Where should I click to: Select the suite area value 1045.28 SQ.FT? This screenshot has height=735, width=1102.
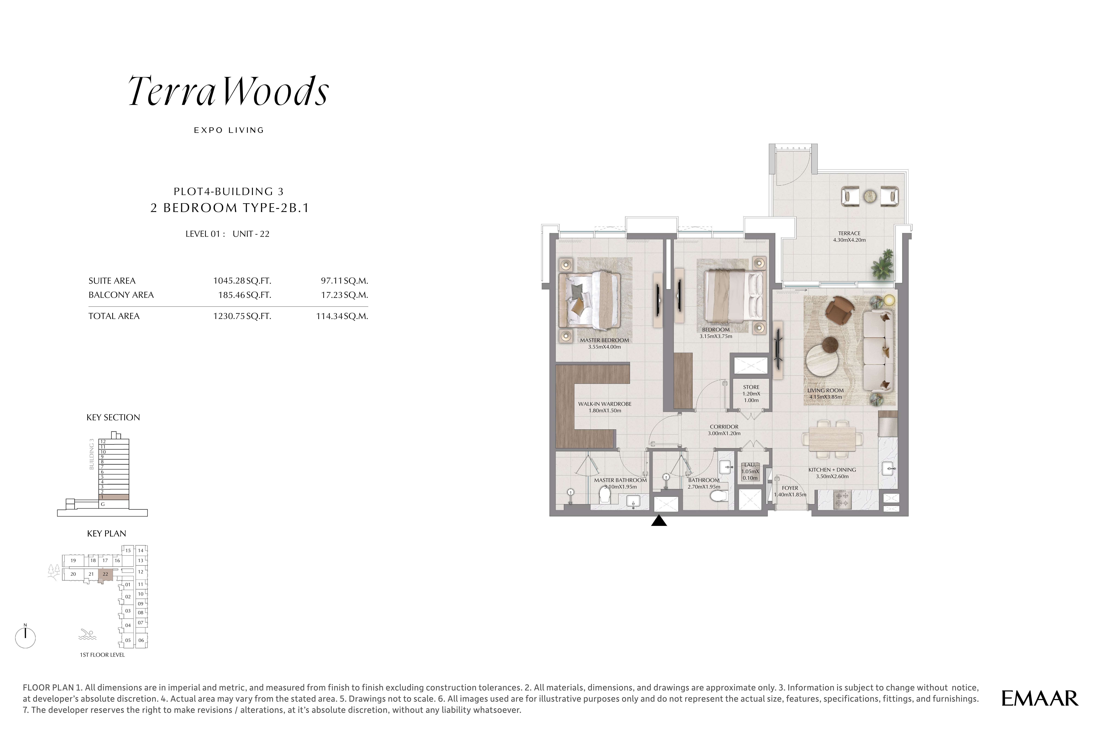point(242,281)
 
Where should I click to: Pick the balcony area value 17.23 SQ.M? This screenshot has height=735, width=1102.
point(344,295)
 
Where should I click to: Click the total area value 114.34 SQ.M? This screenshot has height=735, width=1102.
point(342,316)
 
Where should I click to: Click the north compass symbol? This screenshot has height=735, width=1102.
point(25,637)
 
